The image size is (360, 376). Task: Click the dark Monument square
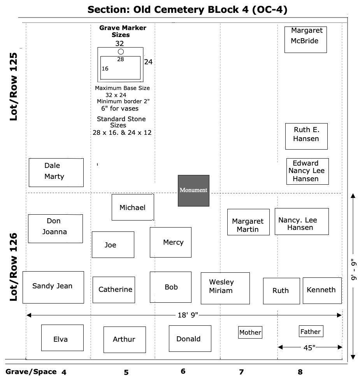(193, 191)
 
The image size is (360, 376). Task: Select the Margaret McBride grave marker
(306, 40)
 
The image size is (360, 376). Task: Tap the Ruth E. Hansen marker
(306, 136)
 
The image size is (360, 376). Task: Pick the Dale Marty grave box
(56, 172)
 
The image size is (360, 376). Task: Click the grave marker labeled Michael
(133, 207)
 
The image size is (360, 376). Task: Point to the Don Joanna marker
(56, 229)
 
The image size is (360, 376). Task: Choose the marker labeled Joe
(113, 245)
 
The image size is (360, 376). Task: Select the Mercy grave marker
(170, 242)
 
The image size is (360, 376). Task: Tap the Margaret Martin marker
(248, 222)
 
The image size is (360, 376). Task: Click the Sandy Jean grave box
(53, 287)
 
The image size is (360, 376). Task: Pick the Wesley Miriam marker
(225, 288)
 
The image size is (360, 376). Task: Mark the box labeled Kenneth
(322, 291)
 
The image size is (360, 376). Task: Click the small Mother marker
(250, 332)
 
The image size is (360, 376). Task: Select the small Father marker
(311, 331)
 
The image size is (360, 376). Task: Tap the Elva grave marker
(63, 338)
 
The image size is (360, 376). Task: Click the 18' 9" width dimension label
(188, 315)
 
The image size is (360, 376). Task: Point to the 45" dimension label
(309, 348)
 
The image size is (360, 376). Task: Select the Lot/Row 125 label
(13, 86)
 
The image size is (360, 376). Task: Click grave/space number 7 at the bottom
(241, 372)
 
